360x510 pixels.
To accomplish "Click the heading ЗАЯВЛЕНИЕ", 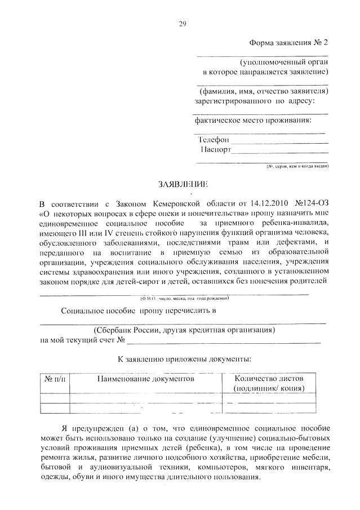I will [183, 184].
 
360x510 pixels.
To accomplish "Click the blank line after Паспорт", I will [280, 150].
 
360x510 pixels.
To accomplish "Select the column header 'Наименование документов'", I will [145, 379].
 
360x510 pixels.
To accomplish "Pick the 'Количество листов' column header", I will [270, 379].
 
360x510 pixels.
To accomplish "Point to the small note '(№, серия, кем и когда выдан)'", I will [298, 167].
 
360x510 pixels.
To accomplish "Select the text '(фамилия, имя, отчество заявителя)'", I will [264, 91].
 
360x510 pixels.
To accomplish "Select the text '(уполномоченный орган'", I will [285, 62].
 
